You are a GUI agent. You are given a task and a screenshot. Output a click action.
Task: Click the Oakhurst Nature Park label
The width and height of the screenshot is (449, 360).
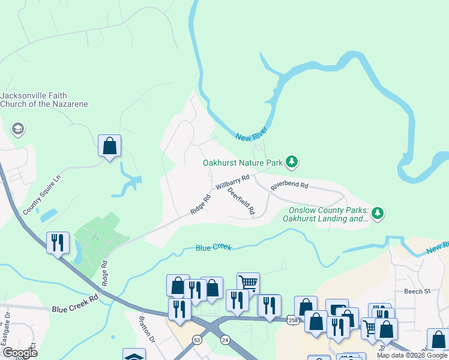242,162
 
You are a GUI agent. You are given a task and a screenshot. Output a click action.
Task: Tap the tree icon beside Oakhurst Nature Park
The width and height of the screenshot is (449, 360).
292,161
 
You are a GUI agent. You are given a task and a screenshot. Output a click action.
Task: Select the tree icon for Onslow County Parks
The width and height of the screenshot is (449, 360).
378,213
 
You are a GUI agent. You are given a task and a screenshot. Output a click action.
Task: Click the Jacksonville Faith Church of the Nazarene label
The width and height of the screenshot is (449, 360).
44,100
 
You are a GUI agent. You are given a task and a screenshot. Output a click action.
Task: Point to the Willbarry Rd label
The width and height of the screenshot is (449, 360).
233,182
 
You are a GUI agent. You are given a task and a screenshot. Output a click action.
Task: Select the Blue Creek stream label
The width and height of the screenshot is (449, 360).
213,247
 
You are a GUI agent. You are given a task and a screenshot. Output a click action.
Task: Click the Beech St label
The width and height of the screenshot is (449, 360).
418,292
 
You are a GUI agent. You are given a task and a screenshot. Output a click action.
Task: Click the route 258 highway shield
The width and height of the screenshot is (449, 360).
291,319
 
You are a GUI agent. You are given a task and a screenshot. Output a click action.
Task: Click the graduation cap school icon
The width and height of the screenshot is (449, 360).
18,129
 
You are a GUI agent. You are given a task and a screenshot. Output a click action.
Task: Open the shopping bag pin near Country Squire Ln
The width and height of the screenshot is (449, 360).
109,146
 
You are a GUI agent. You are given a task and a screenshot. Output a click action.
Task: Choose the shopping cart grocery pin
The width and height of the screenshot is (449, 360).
247,283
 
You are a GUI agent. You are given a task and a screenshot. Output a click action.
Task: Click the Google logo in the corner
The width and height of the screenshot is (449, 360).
20,353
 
